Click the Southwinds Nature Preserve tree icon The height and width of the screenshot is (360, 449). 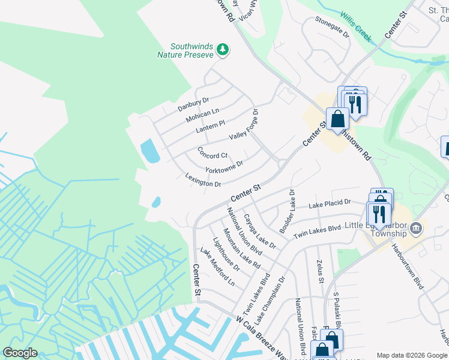coord(223,49)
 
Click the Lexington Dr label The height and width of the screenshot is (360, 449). coord(202,180)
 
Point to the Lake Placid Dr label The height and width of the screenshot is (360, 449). coord(329,205)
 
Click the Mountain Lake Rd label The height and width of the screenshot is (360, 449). coord(241,247)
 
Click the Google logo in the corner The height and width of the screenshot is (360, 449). coord(20,353)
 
